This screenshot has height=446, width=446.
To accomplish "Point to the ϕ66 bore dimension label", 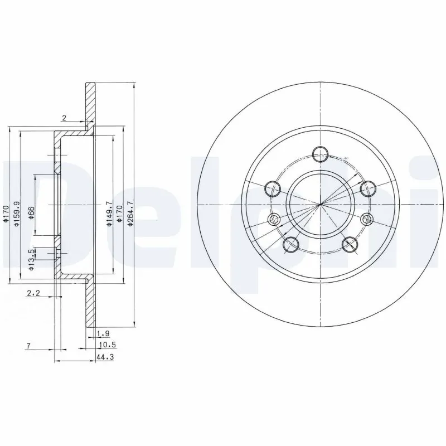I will point(32,212).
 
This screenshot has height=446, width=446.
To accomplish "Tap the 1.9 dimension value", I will point(103,334).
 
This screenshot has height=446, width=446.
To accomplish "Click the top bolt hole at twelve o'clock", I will point(320,154).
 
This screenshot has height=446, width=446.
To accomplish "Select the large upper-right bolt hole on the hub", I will point(367,188).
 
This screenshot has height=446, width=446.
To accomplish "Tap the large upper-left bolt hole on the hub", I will point(273,188).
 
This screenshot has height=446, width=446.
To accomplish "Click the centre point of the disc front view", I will point(320,205).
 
